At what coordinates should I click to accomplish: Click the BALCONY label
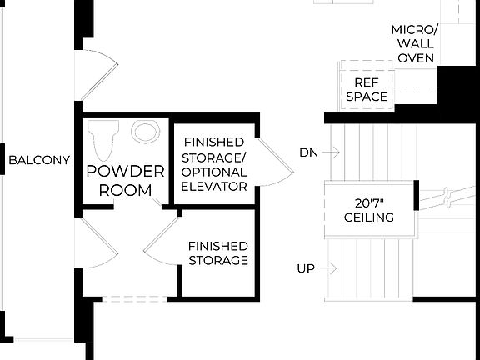click(38, 161)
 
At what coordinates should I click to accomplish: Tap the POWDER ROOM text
click(125, 180)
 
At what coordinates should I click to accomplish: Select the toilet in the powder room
click(104, 140)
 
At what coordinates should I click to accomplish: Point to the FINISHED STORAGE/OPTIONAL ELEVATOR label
click(214, 164)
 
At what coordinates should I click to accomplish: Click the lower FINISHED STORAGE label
click(217, 252)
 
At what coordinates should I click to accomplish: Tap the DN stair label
click(308, 152)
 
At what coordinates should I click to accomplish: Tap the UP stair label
click(306, 268)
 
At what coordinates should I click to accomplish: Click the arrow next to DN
click(331, 152)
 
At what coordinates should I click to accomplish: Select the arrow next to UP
click(327, 268)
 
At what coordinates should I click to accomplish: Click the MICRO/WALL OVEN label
click(414, 43)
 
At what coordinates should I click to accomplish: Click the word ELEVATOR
click(214, 186)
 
